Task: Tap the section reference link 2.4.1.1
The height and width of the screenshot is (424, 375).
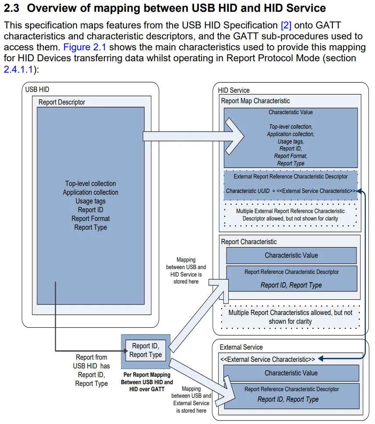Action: point(18,69)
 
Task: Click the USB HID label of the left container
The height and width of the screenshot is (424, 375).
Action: point(37,90)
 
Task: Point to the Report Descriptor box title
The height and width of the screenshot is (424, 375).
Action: point(62,102)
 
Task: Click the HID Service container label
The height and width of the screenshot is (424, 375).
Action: point(234,90)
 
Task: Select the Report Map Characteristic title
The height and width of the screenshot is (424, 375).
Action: point(255,101)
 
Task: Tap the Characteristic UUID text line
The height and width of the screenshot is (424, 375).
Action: point(290,191)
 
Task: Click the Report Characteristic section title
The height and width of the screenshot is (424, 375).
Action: point(249,242)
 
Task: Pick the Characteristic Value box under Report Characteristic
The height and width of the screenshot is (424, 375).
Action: point(291,255)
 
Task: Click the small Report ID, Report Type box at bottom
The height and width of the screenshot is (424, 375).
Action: point(145,350)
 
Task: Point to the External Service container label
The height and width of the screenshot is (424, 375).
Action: point(241,347)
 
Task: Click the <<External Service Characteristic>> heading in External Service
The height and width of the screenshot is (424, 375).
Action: point(267,359)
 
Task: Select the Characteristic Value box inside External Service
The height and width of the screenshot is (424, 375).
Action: point(291,373)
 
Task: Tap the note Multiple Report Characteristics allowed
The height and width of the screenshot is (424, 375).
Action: point(290,317)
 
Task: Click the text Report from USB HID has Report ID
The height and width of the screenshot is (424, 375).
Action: point(91,370)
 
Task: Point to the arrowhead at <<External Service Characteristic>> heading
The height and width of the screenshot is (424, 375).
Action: point(320,359)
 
